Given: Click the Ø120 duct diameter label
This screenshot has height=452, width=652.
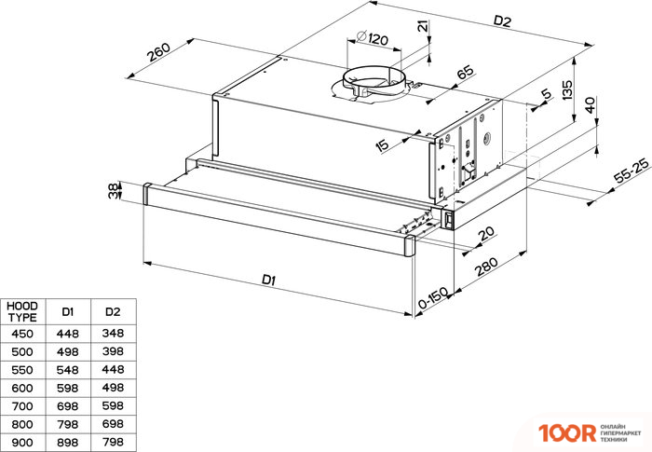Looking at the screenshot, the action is [373, 38].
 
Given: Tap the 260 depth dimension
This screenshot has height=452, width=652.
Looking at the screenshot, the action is [159, 51].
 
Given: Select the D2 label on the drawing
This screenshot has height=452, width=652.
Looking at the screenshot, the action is [502, 21].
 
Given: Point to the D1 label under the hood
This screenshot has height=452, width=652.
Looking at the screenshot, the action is [268, 280].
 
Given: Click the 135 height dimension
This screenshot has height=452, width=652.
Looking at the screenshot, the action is [567, 89].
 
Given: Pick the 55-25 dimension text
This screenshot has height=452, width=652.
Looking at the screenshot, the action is [632, 171].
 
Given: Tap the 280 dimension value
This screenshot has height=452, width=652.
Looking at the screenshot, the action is [487, 267].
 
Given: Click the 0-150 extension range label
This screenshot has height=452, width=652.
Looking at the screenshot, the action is [433, 297].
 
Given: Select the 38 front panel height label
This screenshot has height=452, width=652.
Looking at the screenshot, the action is [113, 191].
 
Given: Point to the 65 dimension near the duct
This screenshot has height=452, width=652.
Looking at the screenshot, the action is [466, 72].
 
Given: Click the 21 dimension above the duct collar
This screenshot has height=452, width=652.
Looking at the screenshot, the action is [423, 27].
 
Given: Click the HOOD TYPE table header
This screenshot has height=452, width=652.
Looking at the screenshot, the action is [22, 311].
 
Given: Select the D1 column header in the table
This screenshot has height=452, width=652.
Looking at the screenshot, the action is [68, 311].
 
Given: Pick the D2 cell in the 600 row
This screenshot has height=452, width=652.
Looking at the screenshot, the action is [113, 388].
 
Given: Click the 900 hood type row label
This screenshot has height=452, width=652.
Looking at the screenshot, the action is [22, 442].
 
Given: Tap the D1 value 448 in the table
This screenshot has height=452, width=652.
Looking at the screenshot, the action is [68, 334].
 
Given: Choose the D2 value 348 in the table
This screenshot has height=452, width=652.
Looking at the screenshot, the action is [113, 333].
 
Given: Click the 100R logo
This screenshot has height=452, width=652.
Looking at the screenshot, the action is [567, 432].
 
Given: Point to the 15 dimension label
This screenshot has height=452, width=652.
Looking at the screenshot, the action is [382, 144].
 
